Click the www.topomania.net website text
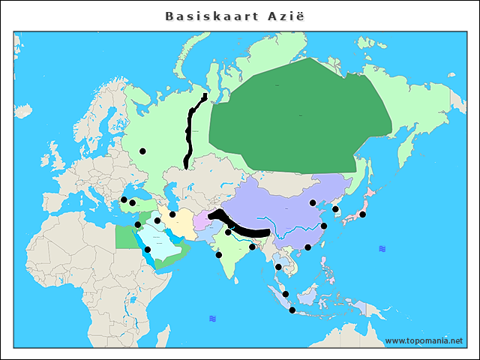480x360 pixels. click(x=424, y=340)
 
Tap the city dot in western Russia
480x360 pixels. click(x=142, y=151)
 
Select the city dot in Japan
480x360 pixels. click(x=362, y=214)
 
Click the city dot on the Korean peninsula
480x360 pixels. click(x=335, y=209)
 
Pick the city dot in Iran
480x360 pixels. click(x=172, y=214)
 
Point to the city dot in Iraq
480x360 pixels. click(x=157, y=220)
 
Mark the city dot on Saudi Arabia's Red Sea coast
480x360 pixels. click(x=147, y=250)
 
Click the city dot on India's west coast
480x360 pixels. click(x=218, y=255)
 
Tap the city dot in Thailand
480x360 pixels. click(x=278, y=266)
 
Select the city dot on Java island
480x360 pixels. click(x=292, y=310)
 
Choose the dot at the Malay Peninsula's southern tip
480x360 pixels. click(x=285, y=294)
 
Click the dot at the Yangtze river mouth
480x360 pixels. click(x=324, y=226)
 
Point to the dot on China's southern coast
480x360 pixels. click(x=307, y=247)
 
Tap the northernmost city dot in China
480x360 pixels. click(x=313, y=202)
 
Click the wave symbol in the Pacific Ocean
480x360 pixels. click(x=382, y=248)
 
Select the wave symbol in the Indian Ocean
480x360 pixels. click(x=213, y=319)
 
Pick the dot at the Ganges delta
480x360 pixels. click(x=252, y=247)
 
